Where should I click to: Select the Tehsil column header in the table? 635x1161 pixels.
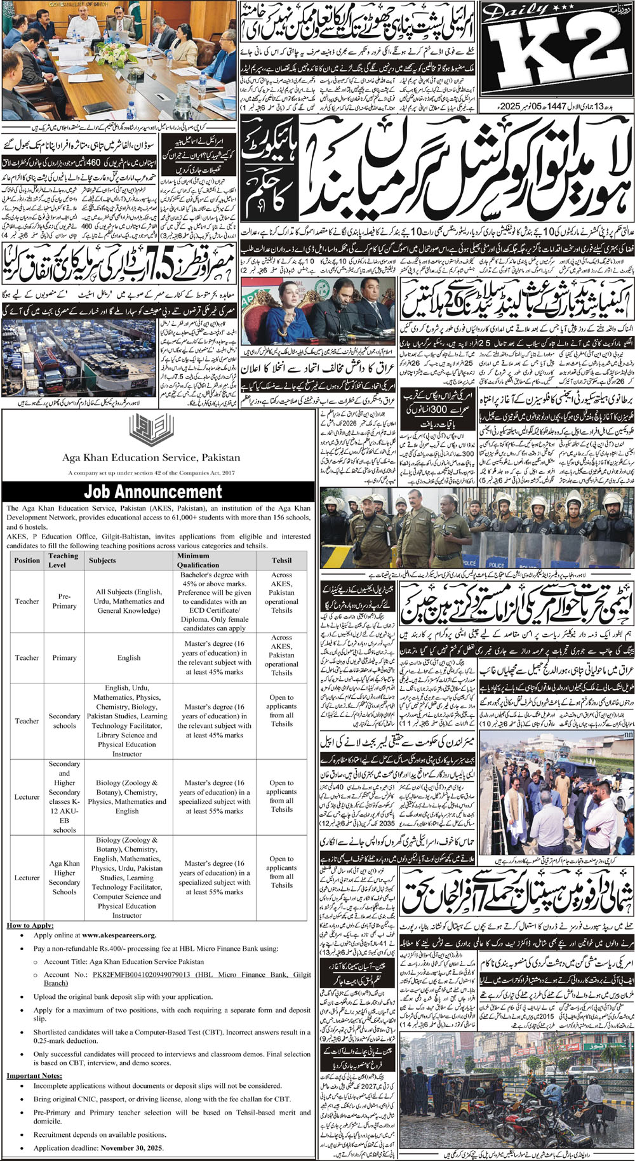pyautogui.click(x=281, y=560)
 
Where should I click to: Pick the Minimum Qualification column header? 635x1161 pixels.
pyautogui.click(x=203, y=560)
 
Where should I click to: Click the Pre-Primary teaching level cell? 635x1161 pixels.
pyautogui.click(x=64, y=601)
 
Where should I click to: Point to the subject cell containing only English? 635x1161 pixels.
pyautogui.click(x=128, y=658)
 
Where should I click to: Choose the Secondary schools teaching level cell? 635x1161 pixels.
pyautogui.click(x=64, y=721)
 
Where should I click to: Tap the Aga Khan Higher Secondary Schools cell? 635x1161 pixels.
pyautogui.click(x=64, y=878)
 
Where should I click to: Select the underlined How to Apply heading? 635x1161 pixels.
pyautogui.click(x=30, y=925)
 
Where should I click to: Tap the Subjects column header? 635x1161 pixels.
pyautogui.click(x=103, y=560)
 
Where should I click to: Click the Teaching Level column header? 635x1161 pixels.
pyautogui.click(x=63, y=560)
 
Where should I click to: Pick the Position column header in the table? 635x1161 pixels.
pyautogui.click(x=27, y=560)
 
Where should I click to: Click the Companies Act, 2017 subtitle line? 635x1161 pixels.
pyautogui.click(x=150, y=473)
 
